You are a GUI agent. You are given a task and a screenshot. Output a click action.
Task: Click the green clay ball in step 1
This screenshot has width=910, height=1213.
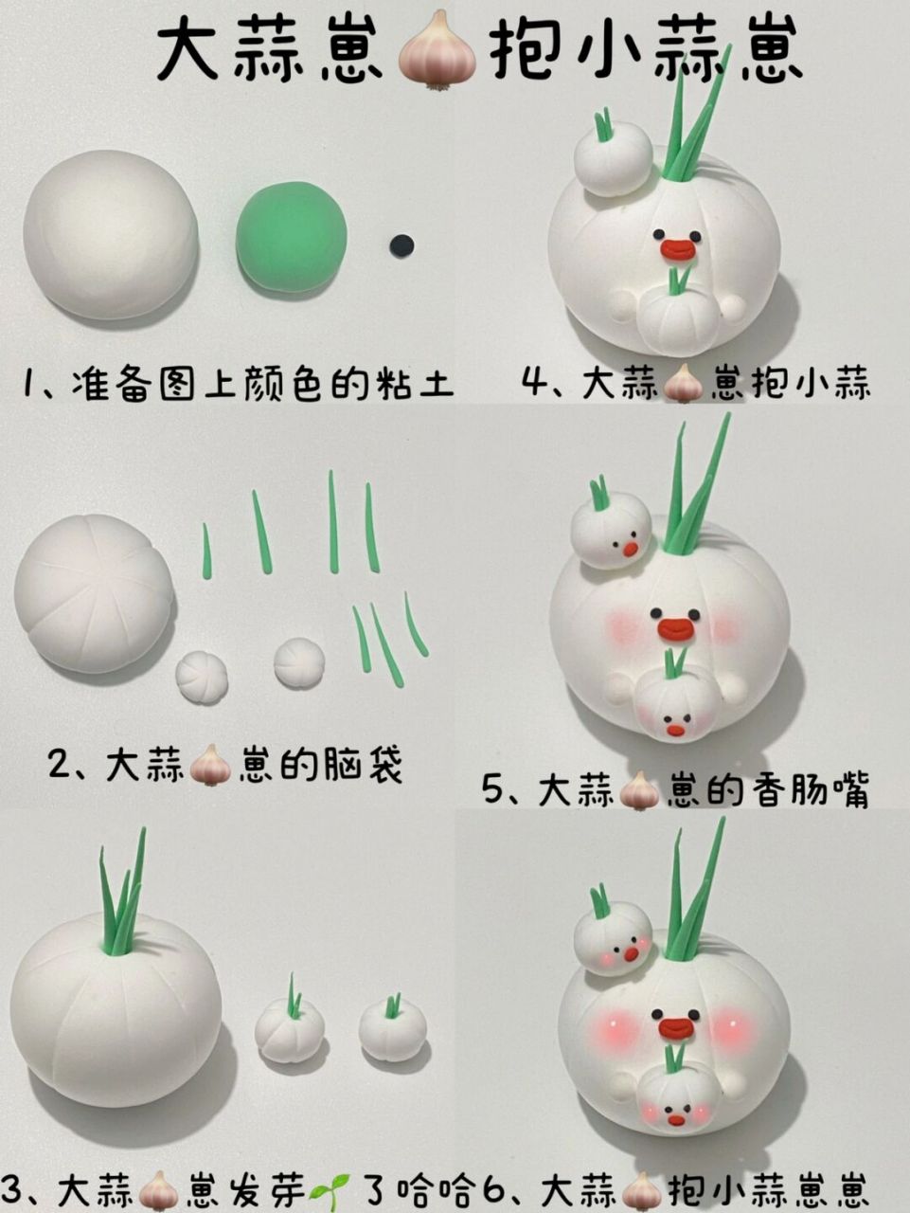click(x=292, y=237)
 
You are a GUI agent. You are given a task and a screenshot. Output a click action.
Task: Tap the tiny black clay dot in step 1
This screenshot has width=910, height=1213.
click(x=402, y=244)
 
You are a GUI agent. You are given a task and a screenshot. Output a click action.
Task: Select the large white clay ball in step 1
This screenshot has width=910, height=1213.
click(x=110, y=234)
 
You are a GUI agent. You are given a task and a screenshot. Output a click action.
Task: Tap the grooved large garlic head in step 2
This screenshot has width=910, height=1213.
click(x=94, y=593)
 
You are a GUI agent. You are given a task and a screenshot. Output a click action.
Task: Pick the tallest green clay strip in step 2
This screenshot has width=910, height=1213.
click(x=333, y=521)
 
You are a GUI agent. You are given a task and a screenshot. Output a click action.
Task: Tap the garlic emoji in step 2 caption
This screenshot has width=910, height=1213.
click(x=210, y=765)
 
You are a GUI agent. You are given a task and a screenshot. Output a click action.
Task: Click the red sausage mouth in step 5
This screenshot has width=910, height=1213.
click(x=677, y=628)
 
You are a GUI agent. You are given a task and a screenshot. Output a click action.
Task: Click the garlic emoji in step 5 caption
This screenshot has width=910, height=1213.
click(x=638, y=789)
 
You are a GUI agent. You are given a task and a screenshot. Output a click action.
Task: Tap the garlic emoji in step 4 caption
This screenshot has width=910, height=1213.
click(x=682, y=385)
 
